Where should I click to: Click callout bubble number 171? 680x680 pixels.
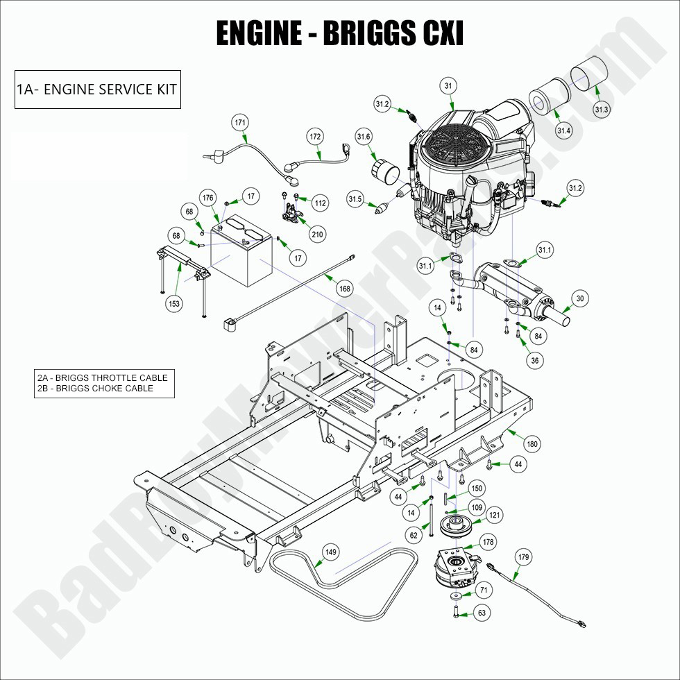pyautogui.click(x=240, y=123)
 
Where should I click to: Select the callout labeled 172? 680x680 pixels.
pyautogui.click(x=315, y=137)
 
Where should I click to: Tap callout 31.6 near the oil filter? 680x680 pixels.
pyautogui.click(x=364, y=136)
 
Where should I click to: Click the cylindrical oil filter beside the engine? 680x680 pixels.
pyautogui.click(x=384, y=171)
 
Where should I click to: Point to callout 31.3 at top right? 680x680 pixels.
pyautogui.click(x=601, y=110)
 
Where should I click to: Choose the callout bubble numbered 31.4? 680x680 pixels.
pyautogui.click(x=563, y=130)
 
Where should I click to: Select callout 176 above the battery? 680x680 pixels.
pyautogui.click(x=208, y=198)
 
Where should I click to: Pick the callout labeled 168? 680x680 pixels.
pyautogui.click(x=344, y=288)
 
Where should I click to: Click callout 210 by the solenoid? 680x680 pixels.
pyautogui.click(x=317, y=235)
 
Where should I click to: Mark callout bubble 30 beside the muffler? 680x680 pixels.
pyautogui.click(x=580, y=299)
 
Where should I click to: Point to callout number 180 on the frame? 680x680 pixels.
pyautogui.click(x=532, y=443)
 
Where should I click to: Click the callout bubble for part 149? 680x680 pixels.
pyautogui.click(x=331, y=552)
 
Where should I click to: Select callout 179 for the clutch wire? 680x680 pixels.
pyautogui.click(x=523, y=556)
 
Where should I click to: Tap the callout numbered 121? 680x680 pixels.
pyautogui.click(x=493, y=515)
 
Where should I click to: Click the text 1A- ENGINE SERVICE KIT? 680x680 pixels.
pyautogui.click(x=97, y=90)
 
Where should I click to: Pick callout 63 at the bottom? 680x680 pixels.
pyautogui.click(x=482, y=613)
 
